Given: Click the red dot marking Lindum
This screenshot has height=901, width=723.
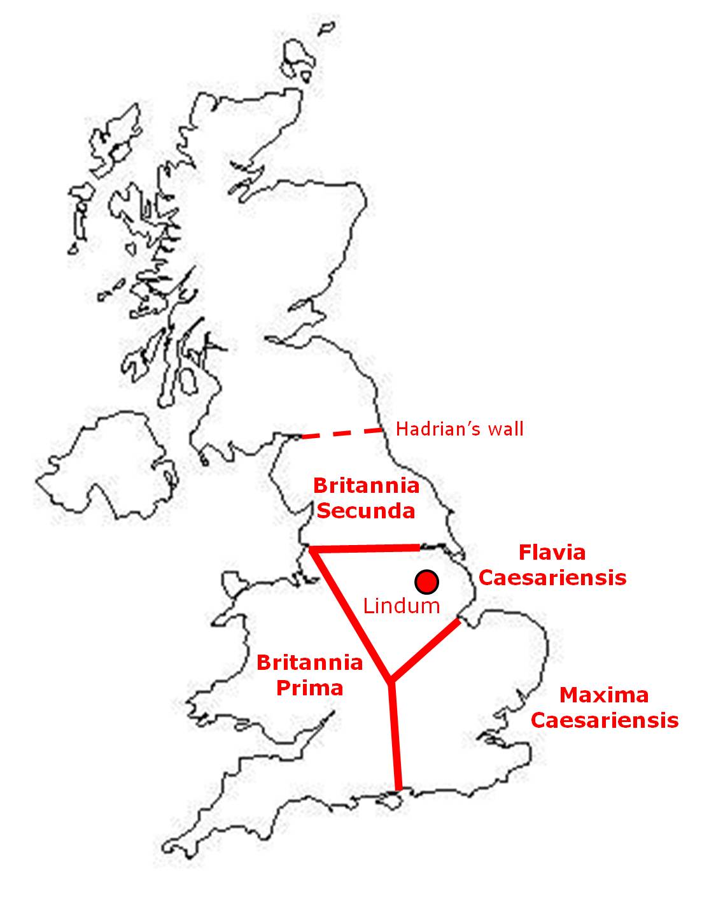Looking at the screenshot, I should click(426, 581).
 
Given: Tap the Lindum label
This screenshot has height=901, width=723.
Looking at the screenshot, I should click(401, 606).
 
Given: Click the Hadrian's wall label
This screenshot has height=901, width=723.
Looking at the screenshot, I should click(460, 429).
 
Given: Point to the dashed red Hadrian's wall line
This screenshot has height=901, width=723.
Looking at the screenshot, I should click(342, 434).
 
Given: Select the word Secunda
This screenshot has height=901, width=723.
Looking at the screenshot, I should click(366, 511).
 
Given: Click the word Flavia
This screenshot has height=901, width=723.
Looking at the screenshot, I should click(552, 552).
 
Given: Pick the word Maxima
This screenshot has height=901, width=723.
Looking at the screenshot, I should click(604, 695).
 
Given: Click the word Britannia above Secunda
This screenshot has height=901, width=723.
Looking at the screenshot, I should click(366, 486).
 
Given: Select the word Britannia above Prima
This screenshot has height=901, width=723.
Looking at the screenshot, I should click(309, 663).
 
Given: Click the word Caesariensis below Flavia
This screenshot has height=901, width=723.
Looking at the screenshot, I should click(552, 578).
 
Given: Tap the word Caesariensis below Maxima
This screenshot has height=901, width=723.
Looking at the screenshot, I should click(605, 720).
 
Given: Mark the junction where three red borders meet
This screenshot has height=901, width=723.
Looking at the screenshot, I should click(390, 681).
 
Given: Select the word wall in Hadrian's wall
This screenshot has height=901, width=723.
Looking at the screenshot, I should click(507, 429).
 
